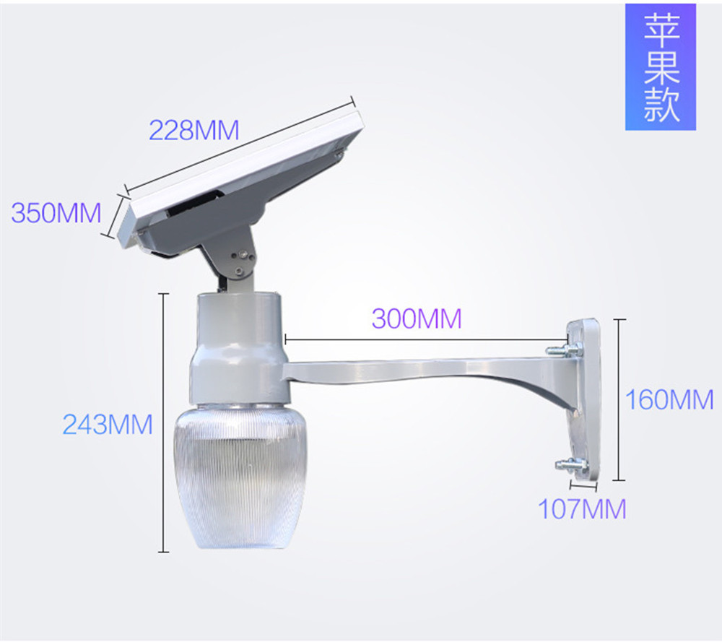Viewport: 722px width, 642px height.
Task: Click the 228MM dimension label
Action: [x=193, y=130]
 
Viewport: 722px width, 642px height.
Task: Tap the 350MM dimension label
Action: [x=56, y=212]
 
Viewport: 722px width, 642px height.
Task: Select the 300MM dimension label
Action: [x=417, y=318]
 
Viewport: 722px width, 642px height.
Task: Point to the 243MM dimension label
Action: [x=108, y=424]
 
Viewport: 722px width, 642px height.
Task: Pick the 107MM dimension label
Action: [x=582, y=508]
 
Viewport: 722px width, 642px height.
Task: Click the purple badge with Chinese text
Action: [x=661, y=67]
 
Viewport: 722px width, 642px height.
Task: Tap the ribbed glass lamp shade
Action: [x=240, y=477]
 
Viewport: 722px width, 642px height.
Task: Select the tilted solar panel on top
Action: [x=241, y=180]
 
